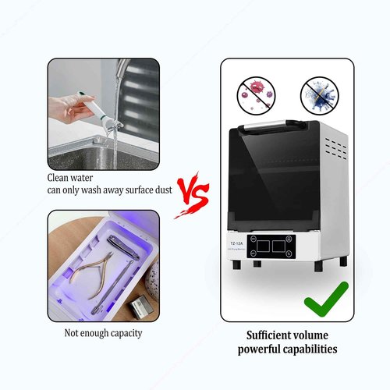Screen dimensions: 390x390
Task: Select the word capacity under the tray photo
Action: (124, 334)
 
